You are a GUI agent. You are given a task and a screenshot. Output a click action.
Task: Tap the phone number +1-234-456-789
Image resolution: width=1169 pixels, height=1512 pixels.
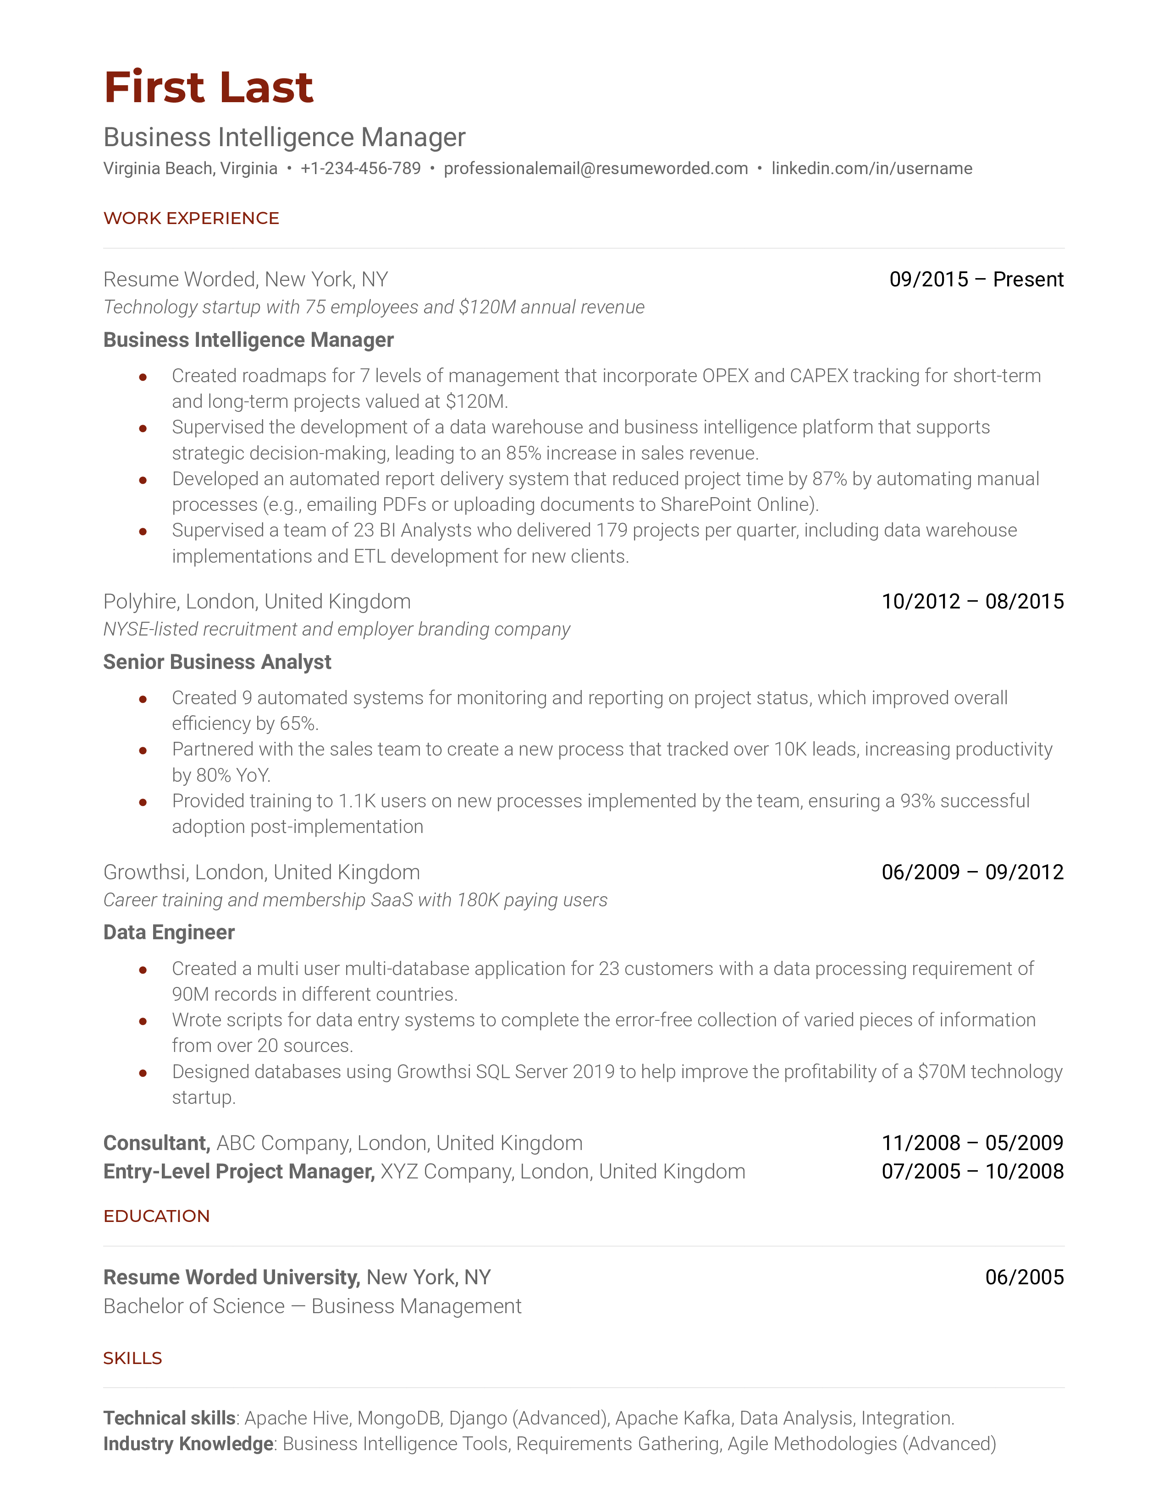pyautogui.click(x=360, y=168)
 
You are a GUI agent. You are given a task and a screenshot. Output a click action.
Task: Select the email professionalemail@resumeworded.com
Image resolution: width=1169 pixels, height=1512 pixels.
pyautogui.click(x=596, y=168)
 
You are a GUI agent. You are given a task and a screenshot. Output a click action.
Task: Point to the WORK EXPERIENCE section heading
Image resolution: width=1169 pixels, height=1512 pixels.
pyautogui.click(x=191, y=218)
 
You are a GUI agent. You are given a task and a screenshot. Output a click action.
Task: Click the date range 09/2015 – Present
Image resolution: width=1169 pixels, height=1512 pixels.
pyautogui.click(x=976, y=279)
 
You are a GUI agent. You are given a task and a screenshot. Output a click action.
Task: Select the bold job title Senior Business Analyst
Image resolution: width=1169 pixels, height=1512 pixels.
pyautogui.click(x=217, y=662)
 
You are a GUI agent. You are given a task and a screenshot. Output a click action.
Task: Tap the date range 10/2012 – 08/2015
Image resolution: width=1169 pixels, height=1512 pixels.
pyautogui.click(x=972, y=601)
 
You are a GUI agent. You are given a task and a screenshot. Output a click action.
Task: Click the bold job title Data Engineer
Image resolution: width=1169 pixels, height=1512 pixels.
pyautogui.click(x=169, y=932)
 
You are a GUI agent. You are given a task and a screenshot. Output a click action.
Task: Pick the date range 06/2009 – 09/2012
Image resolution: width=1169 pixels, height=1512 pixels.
pyautogui.click(x=972, y=871)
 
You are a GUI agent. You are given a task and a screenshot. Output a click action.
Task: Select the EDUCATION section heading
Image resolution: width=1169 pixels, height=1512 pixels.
pyautogui.click(x=156, y=1216)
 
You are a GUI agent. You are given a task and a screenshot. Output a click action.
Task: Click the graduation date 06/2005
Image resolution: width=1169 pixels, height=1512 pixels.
pyautogui.click(x=1024, y=1276)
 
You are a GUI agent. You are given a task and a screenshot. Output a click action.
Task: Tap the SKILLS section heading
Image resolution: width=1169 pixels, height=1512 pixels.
pyautogui.click(x=132, y=1358)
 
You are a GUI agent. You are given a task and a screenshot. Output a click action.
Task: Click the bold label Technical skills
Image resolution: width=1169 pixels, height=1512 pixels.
pyautogui.click(x=170, y=1418)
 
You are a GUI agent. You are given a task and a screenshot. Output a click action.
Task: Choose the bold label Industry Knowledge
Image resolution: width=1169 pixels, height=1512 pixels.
pyautogui.click(x=188, y=1443)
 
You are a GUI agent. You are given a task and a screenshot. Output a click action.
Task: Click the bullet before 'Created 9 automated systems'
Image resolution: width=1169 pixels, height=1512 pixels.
pyautogui.click(x=143, y=699)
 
